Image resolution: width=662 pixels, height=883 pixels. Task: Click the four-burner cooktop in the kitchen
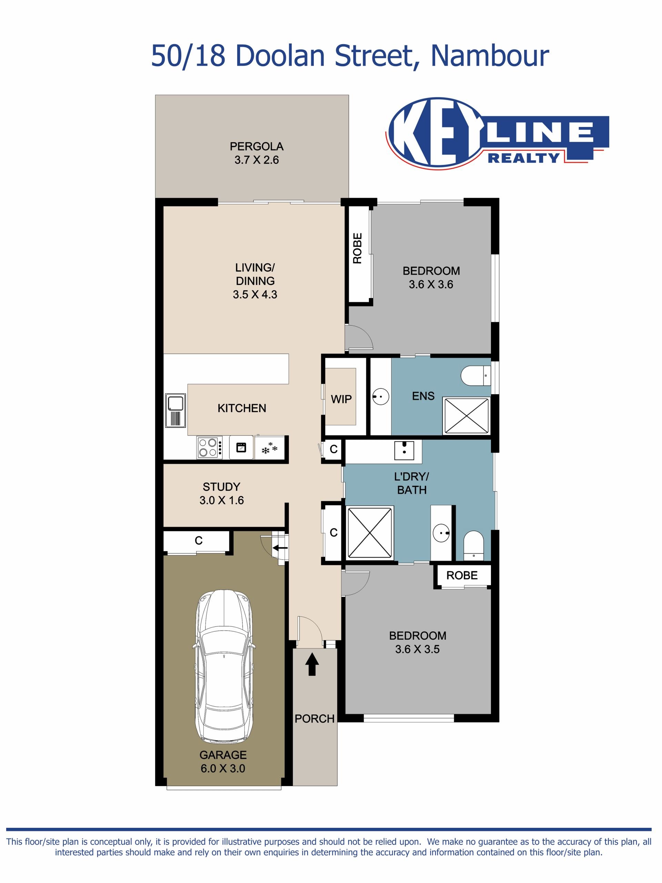(208, 447)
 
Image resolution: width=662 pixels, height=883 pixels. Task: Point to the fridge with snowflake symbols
(269, 447)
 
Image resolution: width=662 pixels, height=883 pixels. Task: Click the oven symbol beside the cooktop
(241, 447)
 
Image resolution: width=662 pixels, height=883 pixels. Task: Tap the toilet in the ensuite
(476, 375)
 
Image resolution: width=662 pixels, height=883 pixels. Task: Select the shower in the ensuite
(466, 415)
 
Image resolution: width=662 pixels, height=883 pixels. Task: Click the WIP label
(341, 399)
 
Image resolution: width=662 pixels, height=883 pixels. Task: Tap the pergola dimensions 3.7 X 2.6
(257, 160)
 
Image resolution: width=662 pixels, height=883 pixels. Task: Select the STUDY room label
(221, 487)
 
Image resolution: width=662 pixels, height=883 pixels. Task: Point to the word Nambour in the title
(490, 56)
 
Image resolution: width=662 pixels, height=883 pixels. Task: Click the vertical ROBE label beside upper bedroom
(357, 248)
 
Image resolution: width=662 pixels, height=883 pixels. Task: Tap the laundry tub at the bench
(404, 450)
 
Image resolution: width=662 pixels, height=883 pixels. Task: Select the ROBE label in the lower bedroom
(462, 575)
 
